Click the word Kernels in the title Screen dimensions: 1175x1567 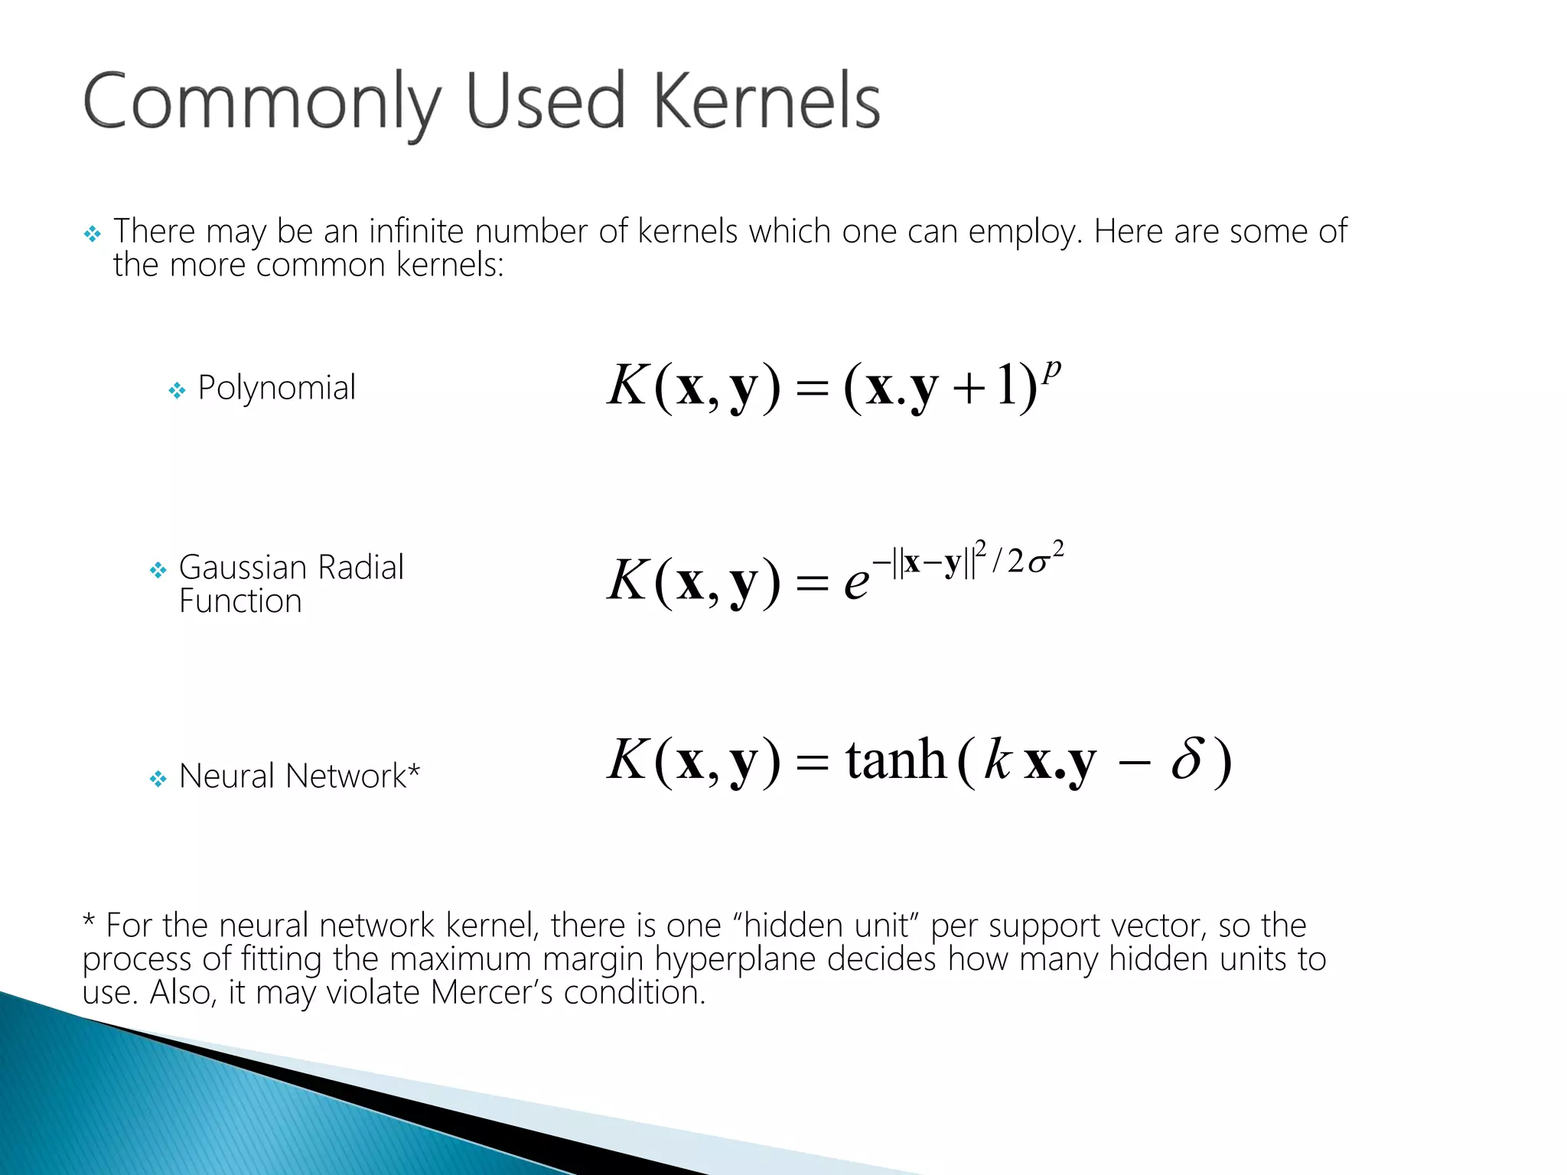[x=767, y=101]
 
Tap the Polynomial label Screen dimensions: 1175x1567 [x=276, y=388]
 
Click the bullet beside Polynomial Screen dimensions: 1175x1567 [x=177, y=392]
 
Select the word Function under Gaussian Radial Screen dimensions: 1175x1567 [x=240, y=601]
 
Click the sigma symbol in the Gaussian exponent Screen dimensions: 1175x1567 [x=1038, y=564]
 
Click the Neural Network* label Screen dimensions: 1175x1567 [x=299, y=776]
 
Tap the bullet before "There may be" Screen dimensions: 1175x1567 [x=93, y=234]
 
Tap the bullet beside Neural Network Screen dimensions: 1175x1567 [x=158, y=780]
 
